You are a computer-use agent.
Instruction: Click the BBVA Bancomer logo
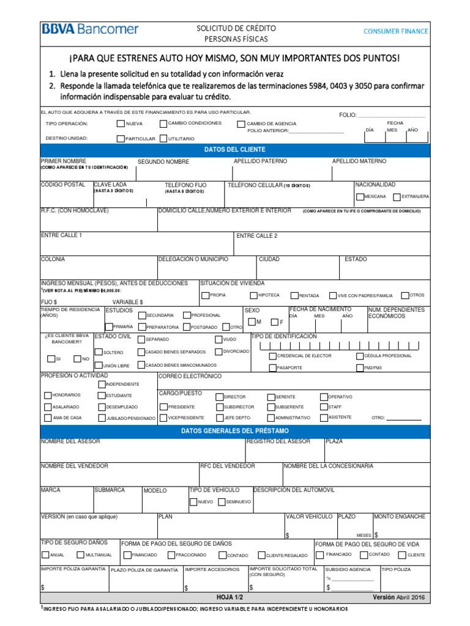tap(90, 29)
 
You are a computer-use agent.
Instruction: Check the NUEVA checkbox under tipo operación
tap(120, 123)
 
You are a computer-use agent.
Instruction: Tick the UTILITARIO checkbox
tap(163, 139)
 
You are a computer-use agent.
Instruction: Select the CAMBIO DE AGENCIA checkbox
tap(241, 124)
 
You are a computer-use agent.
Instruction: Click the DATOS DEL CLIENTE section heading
tap(235, 150)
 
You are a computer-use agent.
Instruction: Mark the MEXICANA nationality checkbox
tap(359, 197)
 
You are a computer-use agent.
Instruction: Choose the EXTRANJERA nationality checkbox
tap(397, 197)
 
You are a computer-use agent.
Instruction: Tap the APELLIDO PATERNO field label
tap(260, 161)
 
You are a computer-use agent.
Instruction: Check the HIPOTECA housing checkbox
tap(253, 295)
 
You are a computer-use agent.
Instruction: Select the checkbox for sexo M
tap(252, 322)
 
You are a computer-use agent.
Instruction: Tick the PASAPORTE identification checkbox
tap(272, 368)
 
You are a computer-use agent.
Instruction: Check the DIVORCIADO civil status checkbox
tap(218, 352)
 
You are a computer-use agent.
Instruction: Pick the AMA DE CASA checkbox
tap(48, 418)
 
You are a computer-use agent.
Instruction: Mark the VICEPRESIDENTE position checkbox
tap(163, 418)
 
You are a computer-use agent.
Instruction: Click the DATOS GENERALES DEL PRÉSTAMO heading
tap(235, 432)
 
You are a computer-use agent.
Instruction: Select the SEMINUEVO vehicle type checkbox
tap(221, 502)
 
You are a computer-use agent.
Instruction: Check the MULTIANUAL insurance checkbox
tap(80, 555)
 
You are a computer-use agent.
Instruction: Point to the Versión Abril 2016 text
tap(398, 597)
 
